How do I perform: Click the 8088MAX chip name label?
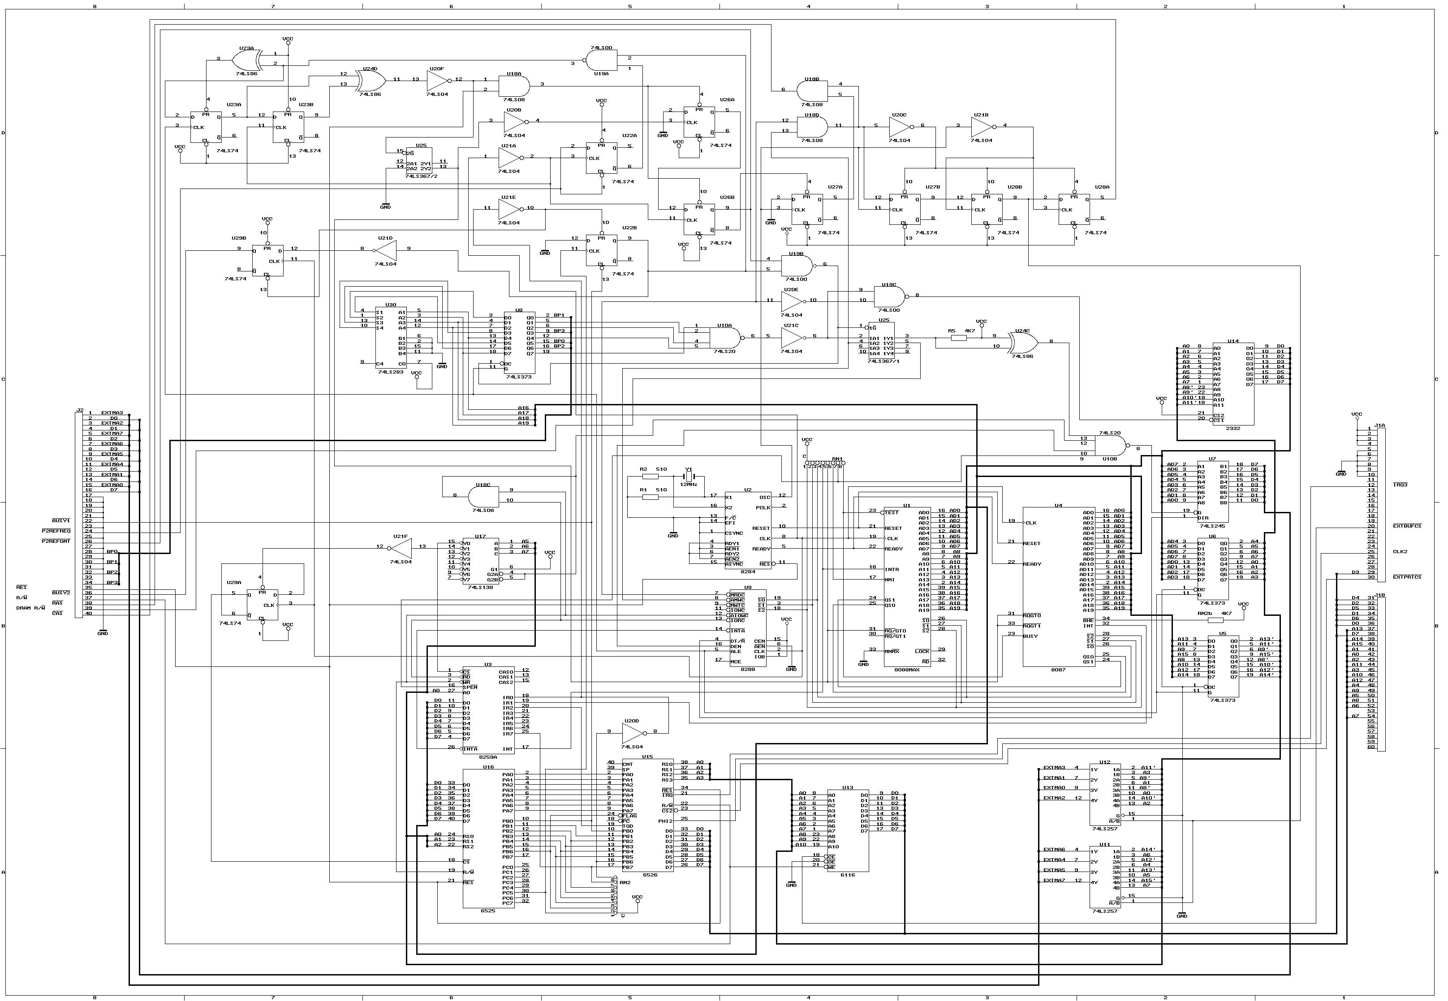(x=906, y=670)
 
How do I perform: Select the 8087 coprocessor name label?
(x=1058, y=670)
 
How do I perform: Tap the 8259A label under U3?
(x=487, y=757)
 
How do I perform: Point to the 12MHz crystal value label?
(x=688, y=484)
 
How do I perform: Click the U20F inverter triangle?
(x=437, y=80)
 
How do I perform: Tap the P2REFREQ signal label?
(x=56, y=531)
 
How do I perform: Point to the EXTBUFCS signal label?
(x=1407, y=526)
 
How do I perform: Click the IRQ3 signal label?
(x=1401, y=485)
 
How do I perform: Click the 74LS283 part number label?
(x=391, y=372)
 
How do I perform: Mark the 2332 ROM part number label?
(x=1232, y=428)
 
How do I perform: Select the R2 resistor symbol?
(x=651, y=477)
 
